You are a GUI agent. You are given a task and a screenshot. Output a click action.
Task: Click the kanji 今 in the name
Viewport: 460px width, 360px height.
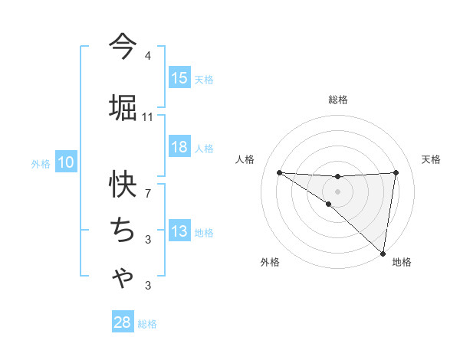coord(122,47)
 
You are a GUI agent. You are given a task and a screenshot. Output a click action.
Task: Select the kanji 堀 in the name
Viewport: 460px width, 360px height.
coord(123,106)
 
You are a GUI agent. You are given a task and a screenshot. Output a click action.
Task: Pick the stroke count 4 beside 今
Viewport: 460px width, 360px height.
coord(148,56)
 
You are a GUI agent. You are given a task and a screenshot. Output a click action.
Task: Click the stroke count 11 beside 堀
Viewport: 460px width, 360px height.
coord(148,116)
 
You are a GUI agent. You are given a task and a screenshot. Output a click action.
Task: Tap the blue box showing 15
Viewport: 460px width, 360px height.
coord(179,77)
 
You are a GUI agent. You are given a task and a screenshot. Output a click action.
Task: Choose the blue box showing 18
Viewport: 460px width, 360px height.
coord(179,147)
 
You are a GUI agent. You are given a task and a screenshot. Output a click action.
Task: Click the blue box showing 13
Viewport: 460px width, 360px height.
coord(179,231)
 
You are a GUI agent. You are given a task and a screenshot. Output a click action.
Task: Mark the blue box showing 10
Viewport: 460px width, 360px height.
coord(66,162)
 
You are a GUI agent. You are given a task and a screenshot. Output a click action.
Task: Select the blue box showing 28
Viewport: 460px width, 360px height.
coord(123,322)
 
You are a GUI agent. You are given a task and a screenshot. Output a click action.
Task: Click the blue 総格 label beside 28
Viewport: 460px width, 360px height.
coord(148,324)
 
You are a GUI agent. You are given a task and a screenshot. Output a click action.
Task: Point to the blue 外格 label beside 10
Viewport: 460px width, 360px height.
coord(41,163)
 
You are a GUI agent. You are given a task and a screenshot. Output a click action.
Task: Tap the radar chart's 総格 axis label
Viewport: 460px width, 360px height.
coord(338,100)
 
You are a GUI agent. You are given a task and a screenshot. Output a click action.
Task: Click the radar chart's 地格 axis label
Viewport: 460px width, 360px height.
coord(402,262)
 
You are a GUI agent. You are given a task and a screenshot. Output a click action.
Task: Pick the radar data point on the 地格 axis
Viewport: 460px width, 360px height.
coord(383,253)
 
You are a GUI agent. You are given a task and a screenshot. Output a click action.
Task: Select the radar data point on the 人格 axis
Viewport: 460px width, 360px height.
coord(279,172)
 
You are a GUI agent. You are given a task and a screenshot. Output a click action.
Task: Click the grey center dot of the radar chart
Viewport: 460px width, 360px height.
coord(337,190)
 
